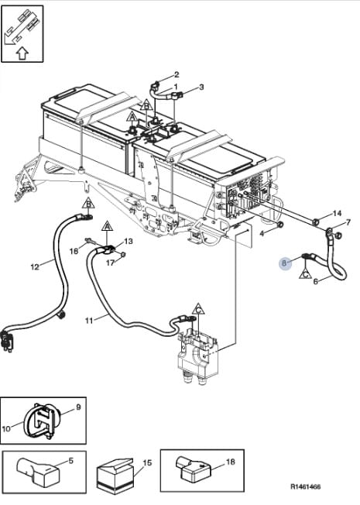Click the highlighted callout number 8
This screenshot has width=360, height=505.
pyautogui.click(x=283, y=263)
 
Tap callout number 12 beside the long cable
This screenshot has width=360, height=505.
pyautogui.click(x=35, y=266)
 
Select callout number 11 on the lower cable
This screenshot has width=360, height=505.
pyautogui.click(x=89, y=321)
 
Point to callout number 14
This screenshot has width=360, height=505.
pyautogui.click(x=337, y=213)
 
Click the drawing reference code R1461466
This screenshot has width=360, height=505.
pyautogui.click(x=306, y=486)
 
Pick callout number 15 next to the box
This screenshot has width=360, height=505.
pyautogui.click(x=147, y=463)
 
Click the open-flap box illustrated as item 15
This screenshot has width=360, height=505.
pyautogui.click(x=115, y=476)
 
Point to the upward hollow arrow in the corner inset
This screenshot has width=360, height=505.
pyautogui.click(x=22, y=53)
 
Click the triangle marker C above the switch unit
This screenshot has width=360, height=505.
pyautogui.click(x=199, y=309)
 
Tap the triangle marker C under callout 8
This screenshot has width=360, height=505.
pyautogui.click(x=304, y=273)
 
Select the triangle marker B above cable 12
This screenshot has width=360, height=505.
pyautogui.click(x=88, y=203)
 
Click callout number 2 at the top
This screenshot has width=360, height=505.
pyautogui.click(x=177, y=74)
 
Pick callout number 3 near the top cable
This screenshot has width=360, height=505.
pyautogui.click(x=201, y=87)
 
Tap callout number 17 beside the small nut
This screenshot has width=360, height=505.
pyautogui.click(x=110, y=263)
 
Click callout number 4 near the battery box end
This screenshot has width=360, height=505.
pyautogui.click(x=262, y=233)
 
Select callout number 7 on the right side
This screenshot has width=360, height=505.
pyautogui.click(x=348, y=222)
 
